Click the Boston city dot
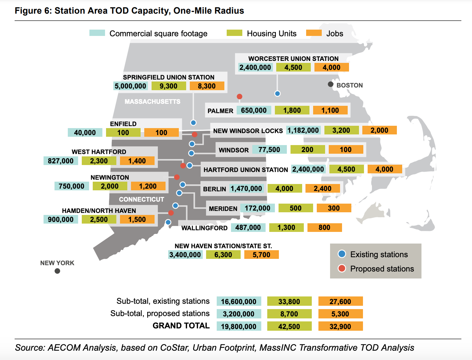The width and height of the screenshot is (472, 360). click(330, 84)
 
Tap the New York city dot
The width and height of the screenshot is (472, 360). click(57, 271)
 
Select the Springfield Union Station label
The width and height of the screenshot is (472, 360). click(169, 77)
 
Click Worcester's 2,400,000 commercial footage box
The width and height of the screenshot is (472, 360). click(255, 68)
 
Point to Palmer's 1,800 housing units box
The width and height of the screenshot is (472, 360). click(292, 110)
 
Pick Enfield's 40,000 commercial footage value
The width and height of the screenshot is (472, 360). click(85, 133)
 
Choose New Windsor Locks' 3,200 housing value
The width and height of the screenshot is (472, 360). click(341, 130)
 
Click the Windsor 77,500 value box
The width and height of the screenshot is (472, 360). click(269, 150)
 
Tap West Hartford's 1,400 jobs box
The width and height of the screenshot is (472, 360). click(137, 161)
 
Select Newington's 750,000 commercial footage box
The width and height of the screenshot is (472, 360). click(71, 186)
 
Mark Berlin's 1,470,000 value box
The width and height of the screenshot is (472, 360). click(246, 189)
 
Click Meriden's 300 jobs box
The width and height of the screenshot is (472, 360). click(334, 208)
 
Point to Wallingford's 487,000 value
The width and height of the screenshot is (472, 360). click(248, 228)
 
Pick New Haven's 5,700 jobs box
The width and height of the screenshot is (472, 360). click(261, 255)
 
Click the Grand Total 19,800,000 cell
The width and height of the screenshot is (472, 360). click(239, 326)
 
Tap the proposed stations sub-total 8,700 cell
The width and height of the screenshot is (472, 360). click(289, 314)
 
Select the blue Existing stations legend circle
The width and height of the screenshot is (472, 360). click(342, 254)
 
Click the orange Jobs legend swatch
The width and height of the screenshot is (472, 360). click(314, 33)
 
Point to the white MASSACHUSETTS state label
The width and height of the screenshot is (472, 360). click(152, 101)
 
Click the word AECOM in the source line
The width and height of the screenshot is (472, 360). click(64, 348)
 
